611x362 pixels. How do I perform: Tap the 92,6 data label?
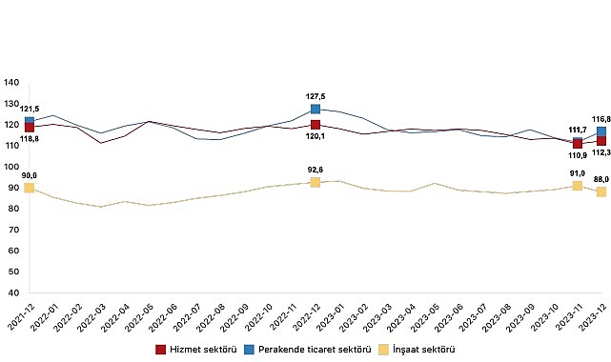[315, 169]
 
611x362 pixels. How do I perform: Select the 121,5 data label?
[29, 110]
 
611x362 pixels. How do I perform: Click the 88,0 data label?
[601, 178]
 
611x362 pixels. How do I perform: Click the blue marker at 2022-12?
[315, 110]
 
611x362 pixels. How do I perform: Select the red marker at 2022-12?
[315, 125]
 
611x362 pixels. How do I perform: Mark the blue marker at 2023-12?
[601, 132]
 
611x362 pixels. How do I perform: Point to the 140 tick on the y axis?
[11, 83]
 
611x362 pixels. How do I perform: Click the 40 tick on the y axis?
[13, 293]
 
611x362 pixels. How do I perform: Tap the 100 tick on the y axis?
[11, 167]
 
